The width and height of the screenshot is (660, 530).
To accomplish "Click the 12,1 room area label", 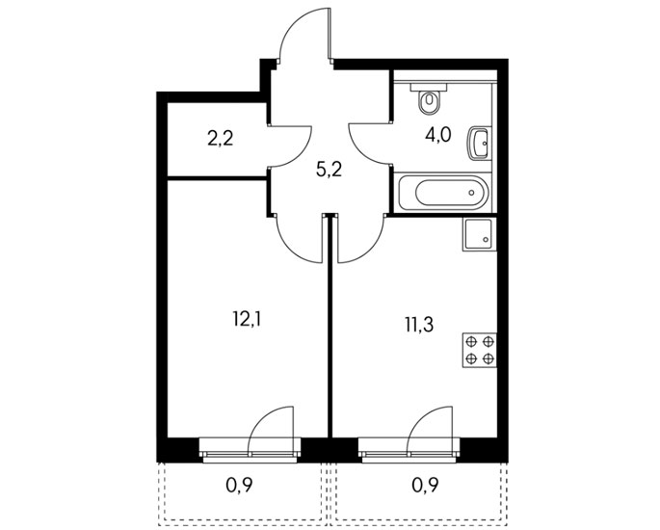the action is click(x=247, y=320).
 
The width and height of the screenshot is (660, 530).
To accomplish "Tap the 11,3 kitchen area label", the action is click(x=419, y=325).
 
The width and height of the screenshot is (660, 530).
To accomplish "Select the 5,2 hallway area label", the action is click(x=329, y=171).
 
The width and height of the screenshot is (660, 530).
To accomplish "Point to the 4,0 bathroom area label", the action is click(x=437, y=136).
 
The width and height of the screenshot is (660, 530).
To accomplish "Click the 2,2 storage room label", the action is click(x=220, y=139).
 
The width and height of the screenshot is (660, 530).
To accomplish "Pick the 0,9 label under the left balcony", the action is click(x=239, y=487).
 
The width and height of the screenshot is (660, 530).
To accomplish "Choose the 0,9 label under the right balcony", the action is click(x=425, y=487).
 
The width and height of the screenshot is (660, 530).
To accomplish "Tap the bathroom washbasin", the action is click(x=479, y=144).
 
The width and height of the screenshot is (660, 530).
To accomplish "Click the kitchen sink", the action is click(x=480, y=234).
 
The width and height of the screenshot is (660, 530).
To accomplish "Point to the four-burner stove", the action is click(x=480, y=350).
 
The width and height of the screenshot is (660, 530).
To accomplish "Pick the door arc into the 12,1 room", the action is click(x=290, y=251).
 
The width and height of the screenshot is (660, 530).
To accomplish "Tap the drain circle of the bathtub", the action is click(x=472, y=193).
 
